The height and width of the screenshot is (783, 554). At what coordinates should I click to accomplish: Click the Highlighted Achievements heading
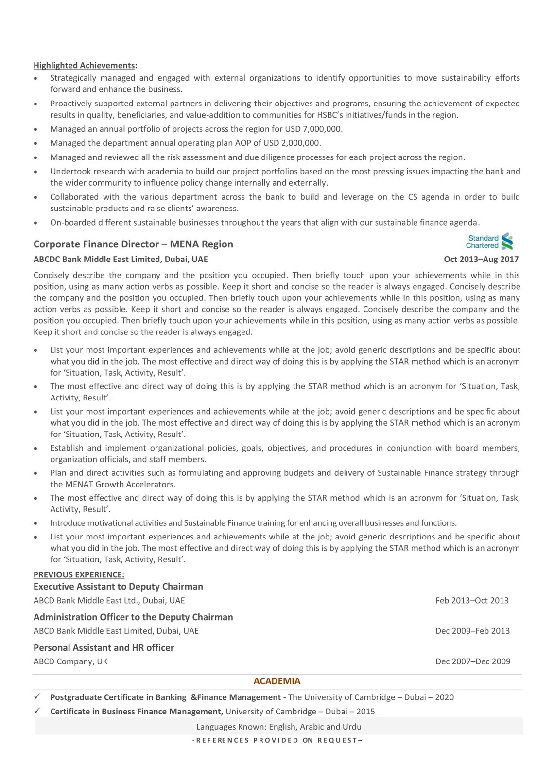85,65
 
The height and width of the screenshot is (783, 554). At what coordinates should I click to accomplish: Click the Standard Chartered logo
490,242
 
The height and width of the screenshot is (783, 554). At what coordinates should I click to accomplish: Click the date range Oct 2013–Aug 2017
481,259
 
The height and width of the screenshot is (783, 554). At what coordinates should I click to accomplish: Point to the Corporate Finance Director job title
133,244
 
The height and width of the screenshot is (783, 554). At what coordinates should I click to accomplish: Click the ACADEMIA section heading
277,681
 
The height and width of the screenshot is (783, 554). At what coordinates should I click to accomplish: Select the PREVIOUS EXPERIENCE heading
79,574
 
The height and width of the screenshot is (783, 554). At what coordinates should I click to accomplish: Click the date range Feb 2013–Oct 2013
472,600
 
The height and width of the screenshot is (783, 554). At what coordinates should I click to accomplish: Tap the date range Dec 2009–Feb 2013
472,631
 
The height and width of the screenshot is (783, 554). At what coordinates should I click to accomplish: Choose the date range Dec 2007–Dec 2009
472,661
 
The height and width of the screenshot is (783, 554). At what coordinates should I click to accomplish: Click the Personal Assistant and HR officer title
104,647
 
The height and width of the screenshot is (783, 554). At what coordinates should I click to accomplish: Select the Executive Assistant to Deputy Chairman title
118,586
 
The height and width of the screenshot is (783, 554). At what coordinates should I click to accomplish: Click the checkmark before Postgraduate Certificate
37,696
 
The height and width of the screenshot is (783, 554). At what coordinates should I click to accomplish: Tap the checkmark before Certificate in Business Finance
37,711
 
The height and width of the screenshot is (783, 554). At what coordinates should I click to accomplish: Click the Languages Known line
278,727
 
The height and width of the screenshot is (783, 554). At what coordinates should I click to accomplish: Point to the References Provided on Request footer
277,740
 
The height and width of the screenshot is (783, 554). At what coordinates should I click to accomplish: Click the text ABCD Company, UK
70,661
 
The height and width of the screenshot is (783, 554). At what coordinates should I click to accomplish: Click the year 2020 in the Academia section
444,697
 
